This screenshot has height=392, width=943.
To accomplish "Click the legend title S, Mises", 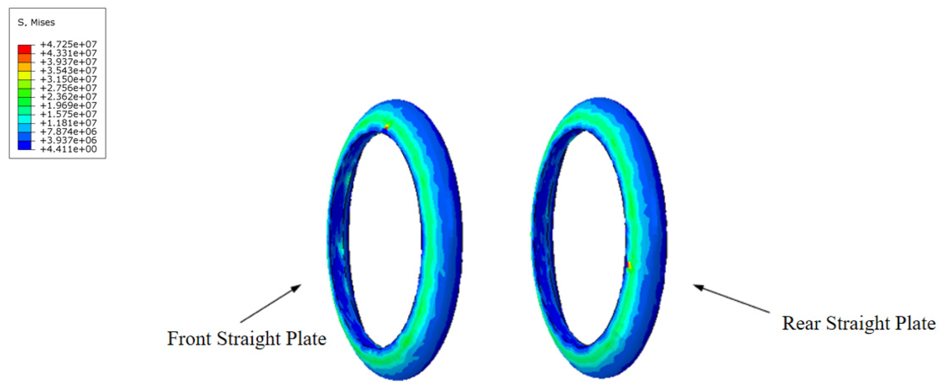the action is tap(36, 23).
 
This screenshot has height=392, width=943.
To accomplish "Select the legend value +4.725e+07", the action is tap(68, 44).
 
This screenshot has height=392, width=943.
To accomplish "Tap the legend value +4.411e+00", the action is tap(68, 149).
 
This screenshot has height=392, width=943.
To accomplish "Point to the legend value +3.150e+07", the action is tap(68, 79).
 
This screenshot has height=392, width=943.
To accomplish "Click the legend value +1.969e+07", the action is tap(68, 106).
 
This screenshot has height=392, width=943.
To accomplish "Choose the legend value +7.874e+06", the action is tap(68, 132).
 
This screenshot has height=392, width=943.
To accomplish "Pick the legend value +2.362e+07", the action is tap(68, 97).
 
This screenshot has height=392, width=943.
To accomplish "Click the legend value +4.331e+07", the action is tap(68, 53).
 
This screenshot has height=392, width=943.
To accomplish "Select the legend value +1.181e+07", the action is tap(68, 123).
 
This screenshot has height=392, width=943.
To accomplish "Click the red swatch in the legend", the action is tap(25, 49).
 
